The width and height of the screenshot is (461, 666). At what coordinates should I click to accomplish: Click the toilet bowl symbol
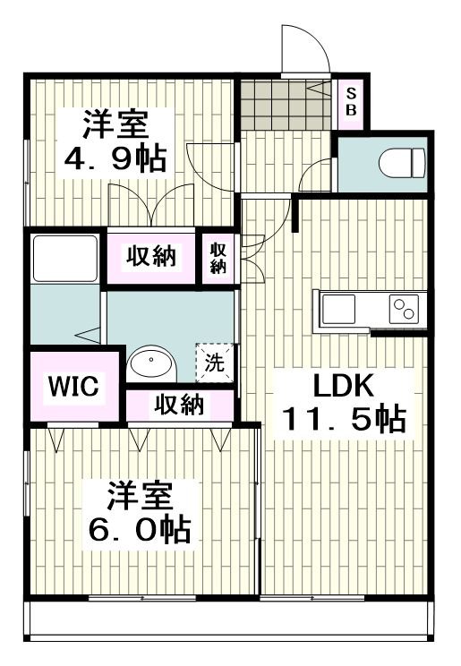click(402, 163)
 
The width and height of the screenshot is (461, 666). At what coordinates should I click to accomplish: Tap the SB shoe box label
click(351, 102)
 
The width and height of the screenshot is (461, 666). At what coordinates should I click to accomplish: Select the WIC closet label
click(73, 386)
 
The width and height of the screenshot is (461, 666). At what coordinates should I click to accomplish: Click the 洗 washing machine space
click(215, 363)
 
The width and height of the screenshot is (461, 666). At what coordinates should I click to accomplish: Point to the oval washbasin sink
click(151, 363)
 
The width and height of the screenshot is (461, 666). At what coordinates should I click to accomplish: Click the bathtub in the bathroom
click(65, 258)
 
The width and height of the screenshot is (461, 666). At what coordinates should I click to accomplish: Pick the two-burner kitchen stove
click(404, 309)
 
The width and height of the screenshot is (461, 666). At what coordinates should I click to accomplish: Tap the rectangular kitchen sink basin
click(338, 309)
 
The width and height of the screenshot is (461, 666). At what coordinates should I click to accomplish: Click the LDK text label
click(344, 386)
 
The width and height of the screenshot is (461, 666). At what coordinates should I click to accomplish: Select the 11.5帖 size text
click(344, 419)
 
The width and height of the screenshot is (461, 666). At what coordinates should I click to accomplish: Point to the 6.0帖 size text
click(140, 530)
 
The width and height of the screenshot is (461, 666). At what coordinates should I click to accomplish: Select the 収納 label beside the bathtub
click(151, 256)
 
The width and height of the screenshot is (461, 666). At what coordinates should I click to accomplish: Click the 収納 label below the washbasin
click(179, 405)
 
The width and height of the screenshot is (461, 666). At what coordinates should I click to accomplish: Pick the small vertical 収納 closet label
click(218, 258)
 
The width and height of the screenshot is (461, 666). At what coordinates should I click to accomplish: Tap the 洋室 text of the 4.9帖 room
click(115, 124)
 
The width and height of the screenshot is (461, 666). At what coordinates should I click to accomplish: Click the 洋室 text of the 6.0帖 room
click(140, 496)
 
